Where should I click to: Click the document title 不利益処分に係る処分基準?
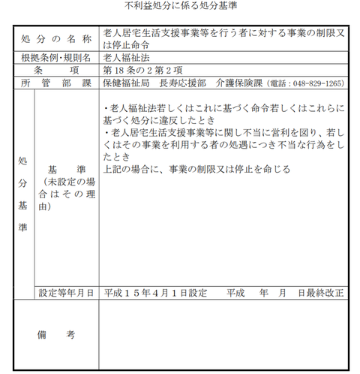point(179,7)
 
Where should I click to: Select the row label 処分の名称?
point(55,38)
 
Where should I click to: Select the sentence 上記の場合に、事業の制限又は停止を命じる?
point(196,169)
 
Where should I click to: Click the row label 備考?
point(55,336)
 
